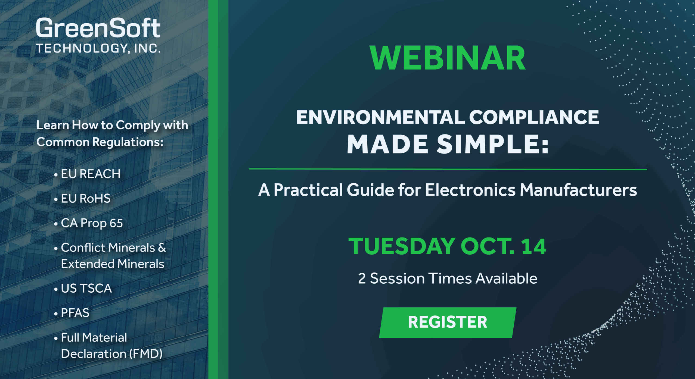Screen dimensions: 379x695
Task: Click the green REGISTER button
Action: [448, 322]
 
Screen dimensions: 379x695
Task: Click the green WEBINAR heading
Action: [448, 58]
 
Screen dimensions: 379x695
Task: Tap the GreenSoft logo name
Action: [98, 28]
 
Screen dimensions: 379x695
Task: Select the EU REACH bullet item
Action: [91, 174]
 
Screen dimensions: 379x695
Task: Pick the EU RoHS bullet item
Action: [86, 199]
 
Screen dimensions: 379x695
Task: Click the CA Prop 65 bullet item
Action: [92, 223]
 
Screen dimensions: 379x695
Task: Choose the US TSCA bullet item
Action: [86, 289]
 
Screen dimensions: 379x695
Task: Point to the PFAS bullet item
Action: [75, 313]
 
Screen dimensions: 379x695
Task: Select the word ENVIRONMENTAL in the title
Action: [380, 117]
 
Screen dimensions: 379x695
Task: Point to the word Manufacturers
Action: [578, 190]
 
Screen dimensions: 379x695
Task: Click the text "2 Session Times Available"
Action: [448, 279]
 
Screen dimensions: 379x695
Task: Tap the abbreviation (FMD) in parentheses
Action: [146, 354]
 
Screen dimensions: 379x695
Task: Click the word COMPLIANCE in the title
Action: [534, 117]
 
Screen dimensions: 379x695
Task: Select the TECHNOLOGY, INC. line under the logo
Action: [98, 48]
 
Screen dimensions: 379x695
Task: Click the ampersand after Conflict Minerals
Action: [162, 248]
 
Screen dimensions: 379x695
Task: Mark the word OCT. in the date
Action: [487, 246]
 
